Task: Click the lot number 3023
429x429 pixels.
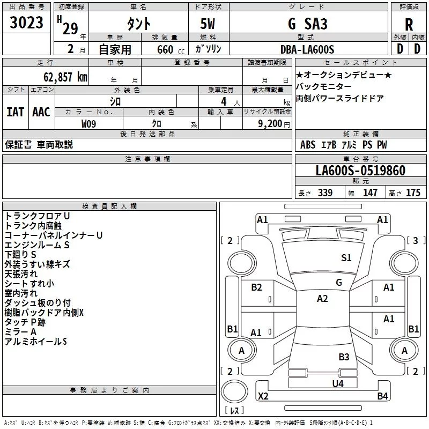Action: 27,24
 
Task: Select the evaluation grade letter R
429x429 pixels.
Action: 409,25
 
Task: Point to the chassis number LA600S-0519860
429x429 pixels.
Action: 360,171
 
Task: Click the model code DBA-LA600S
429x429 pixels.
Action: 307,49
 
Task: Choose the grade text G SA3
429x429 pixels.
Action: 307,24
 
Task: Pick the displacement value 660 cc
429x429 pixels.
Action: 164,49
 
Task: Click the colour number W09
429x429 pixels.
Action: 89,123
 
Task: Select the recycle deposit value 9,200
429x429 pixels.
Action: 270,123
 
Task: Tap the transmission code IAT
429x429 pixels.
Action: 16,112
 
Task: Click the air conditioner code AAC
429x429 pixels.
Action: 41,112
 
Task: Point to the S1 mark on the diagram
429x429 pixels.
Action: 346,258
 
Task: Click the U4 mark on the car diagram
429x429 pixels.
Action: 337,383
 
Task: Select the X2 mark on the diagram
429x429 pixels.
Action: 263,396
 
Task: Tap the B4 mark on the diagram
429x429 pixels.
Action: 382,396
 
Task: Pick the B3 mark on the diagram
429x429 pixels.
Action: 344,357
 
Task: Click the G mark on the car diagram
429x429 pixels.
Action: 339,282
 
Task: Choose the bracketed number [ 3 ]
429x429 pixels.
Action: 416,240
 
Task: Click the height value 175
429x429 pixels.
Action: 413,193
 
